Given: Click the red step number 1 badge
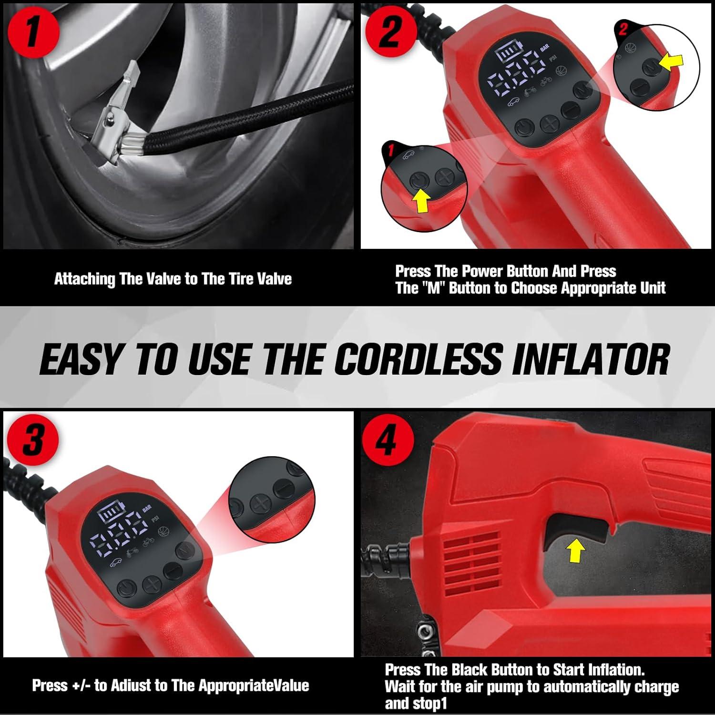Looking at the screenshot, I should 32,32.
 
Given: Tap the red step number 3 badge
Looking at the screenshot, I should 32,439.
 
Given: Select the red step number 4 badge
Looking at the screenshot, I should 386,439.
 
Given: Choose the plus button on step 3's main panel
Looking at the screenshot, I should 152,584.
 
